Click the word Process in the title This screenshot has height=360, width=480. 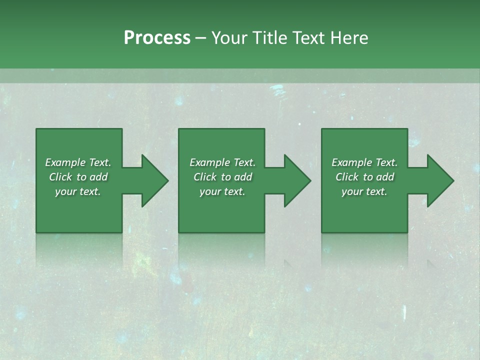click(157, 38)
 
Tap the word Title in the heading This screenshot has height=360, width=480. click(268, 38)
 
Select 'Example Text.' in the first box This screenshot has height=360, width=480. click(78, 162)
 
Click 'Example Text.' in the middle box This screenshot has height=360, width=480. click(222, 162)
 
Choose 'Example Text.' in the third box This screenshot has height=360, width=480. click(364, 162)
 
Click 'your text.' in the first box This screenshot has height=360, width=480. click(78, 191)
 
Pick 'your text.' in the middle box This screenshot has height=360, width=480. click(222, 191)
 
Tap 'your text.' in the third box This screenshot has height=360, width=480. click(364, 191)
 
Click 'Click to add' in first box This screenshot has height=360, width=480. click(78, 177)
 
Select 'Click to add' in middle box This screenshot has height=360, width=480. click(222, 177)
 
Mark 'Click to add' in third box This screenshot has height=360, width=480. click(364, 177)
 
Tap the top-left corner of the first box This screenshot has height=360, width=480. click(36, 129)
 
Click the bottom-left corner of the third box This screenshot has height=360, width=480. click(322, 232)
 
